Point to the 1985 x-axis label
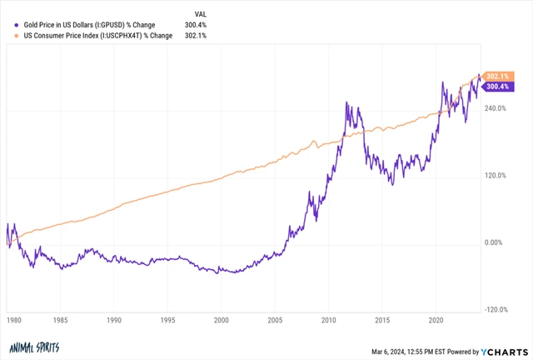point(62,319)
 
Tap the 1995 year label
point(167,319)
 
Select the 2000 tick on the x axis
point(221,319)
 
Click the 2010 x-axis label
point(327,319)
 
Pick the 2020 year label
point(434,319)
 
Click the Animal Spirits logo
point(32,348)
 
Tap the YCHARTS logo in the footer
point(503,348)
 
